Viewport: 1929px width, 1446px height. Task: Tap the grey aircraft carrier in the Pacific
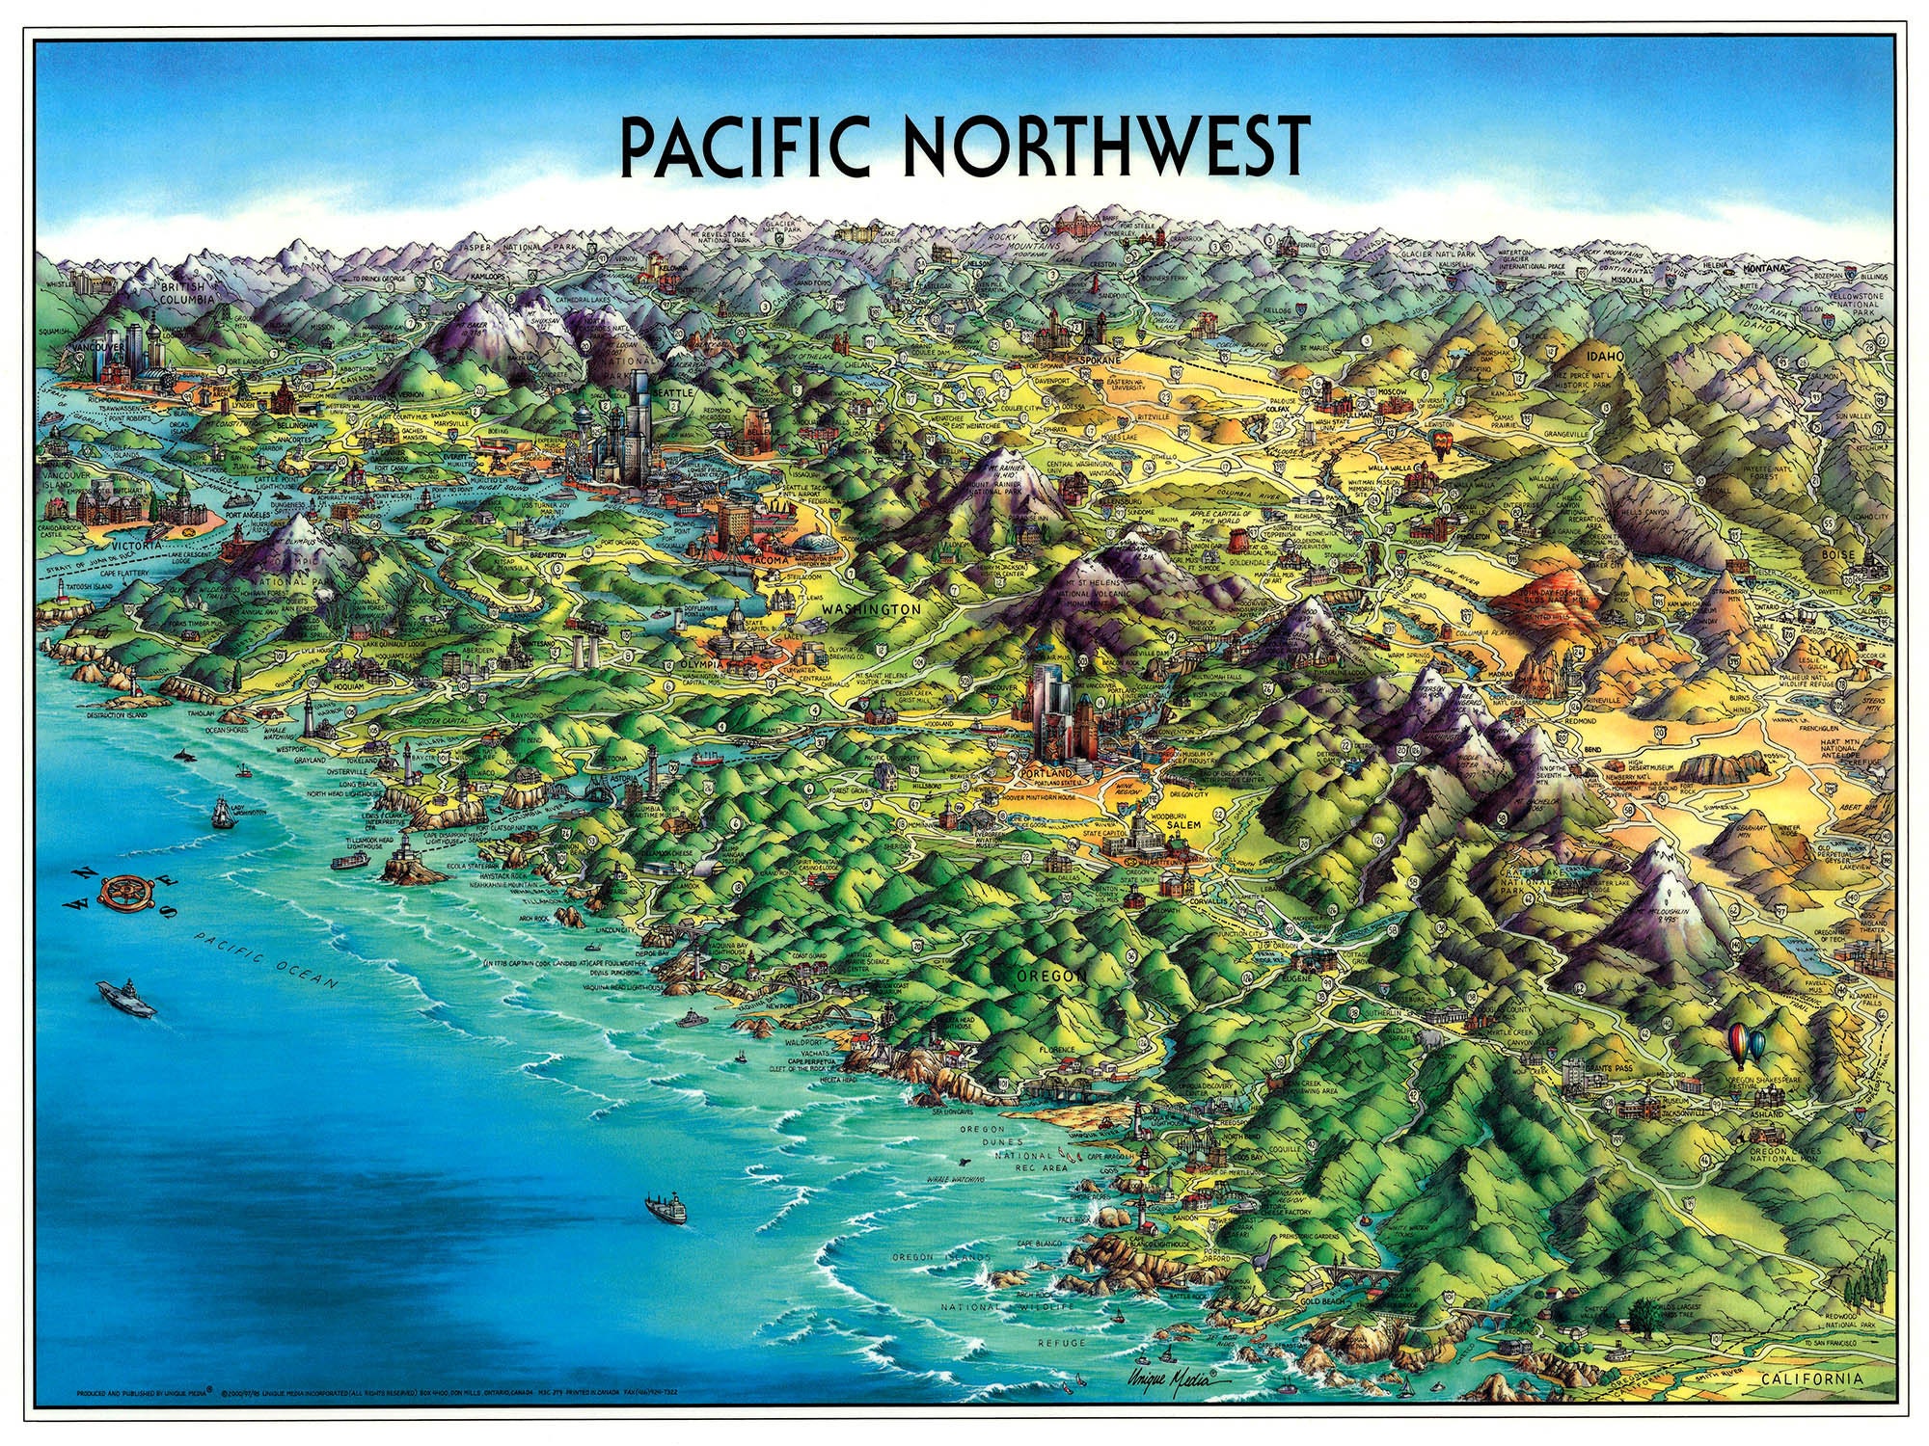(125, 999)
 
